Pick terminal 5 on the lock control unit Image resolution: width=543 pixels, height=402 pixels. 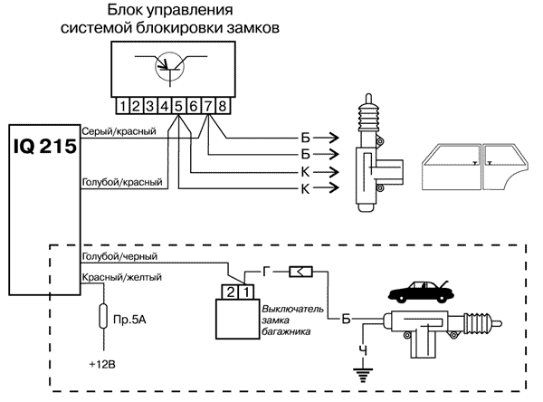(180, 105)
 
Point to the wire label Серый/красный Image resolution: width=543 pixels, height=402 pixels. (119, 131)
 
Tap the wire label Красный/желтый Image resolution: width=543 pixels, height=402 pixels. (120, 276)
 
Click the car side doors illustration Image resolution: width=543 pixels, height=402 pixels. (471, 163)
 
